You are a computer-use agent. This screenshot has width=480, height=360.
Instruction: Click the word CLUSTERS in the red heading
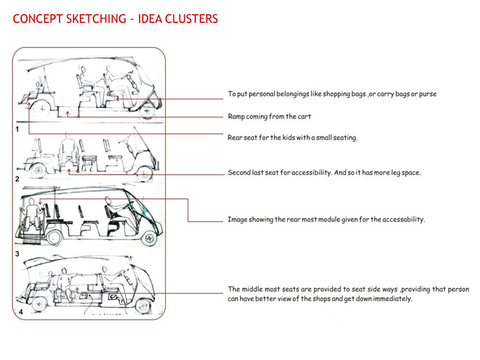191,19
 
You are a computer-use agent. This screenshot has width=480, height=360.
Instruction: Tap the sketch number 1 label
17,129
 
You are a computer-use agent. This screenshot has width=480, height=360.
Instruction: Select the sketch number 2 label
17,179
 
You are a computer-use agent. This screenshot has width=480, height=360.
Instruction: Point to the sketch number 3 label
17,254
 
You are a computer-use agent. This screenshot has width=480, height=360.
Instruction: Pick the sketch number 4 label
21,312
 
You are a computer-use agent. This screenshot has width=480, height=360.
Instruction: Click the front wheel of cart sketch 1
148,111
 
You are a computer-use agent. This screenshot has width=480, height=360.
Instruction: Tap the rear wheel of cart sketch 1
42,108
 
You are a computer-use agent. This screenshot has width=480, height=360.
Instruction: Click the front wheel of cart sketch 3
149,238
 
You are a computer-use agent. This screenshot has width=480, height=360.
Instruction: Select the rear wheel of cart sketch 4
39,304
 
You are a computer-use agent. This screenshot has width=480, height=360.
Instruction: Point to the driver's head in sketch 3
108,200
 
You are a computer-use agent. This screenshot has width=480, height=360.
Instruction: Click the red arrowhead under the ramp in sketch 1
68,114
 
